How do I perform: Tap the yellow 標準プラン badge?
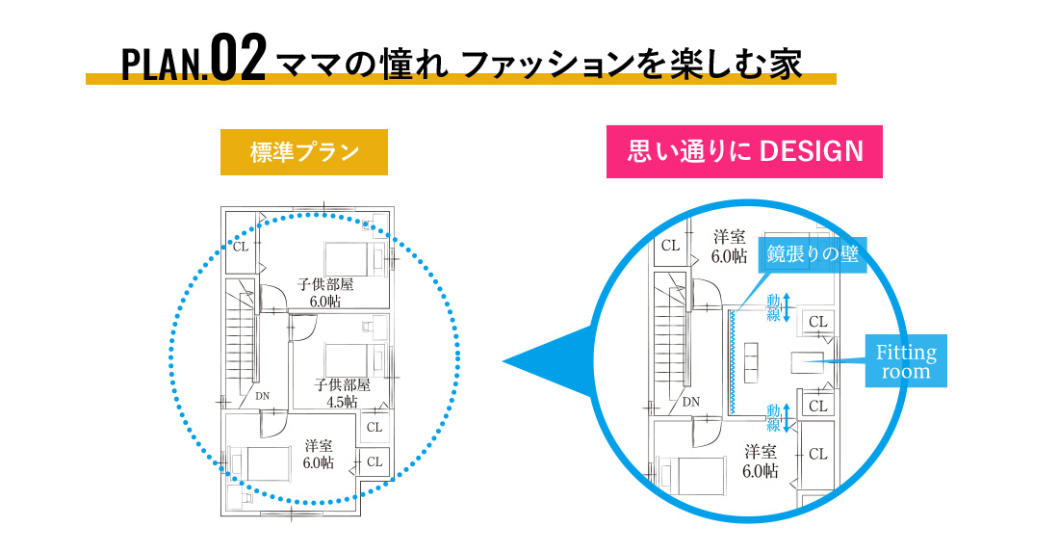point(304,152)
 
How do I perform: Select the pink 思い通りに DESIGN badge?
point(744,152)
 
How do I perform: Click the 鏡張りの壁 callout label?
point(814,255)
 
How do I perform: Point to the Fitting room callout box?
point(905,361)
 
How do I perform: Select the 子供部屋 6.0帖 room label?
point(326,292)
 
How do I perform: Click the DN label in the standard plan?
point(263,395)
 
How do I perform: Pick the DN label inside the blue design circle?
point(691,402)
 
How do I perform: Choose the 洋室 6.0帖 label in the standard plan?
point(319,454)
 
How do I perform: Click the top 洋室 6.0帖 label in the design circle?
point(730,246)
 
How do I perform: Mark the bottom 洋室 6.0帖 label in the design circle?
point(761,461)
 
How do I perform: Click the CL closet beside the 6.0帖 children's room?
point(241,247)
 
